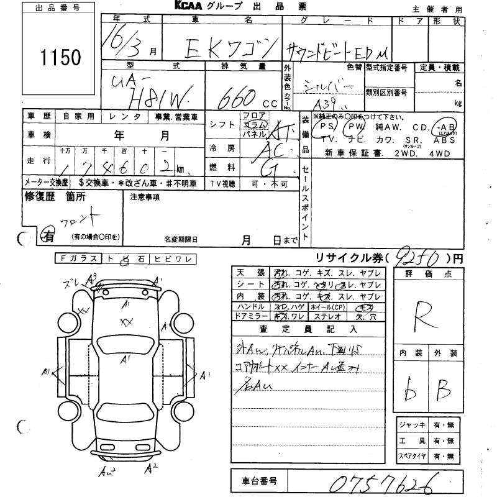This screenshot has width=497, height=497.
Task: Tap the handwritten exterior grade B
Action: coord(442,392)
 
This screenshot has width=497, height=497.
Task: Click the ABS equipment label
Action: coord(448,140)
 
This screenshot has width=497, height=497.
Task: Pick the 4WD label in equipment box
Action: coord(444,152)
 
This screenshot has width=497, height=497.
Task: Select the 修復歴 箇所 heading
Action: coord(55,197)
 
